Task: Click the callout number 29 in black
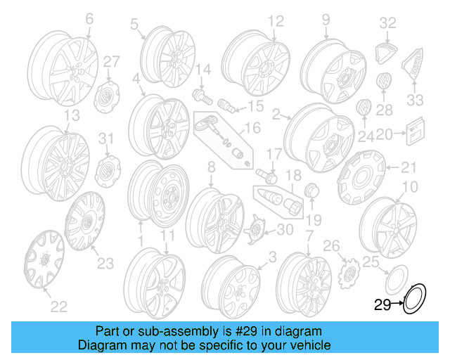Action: pyautogui.click(x=382, y=304)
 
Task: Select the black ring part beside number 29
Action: pyautogui.click(x=413, y=297)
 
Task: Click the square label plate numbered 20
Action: pyautogui.click(x=415, y=129)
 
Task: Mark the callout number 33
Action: pyautogui.click(x=416, y=98)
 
